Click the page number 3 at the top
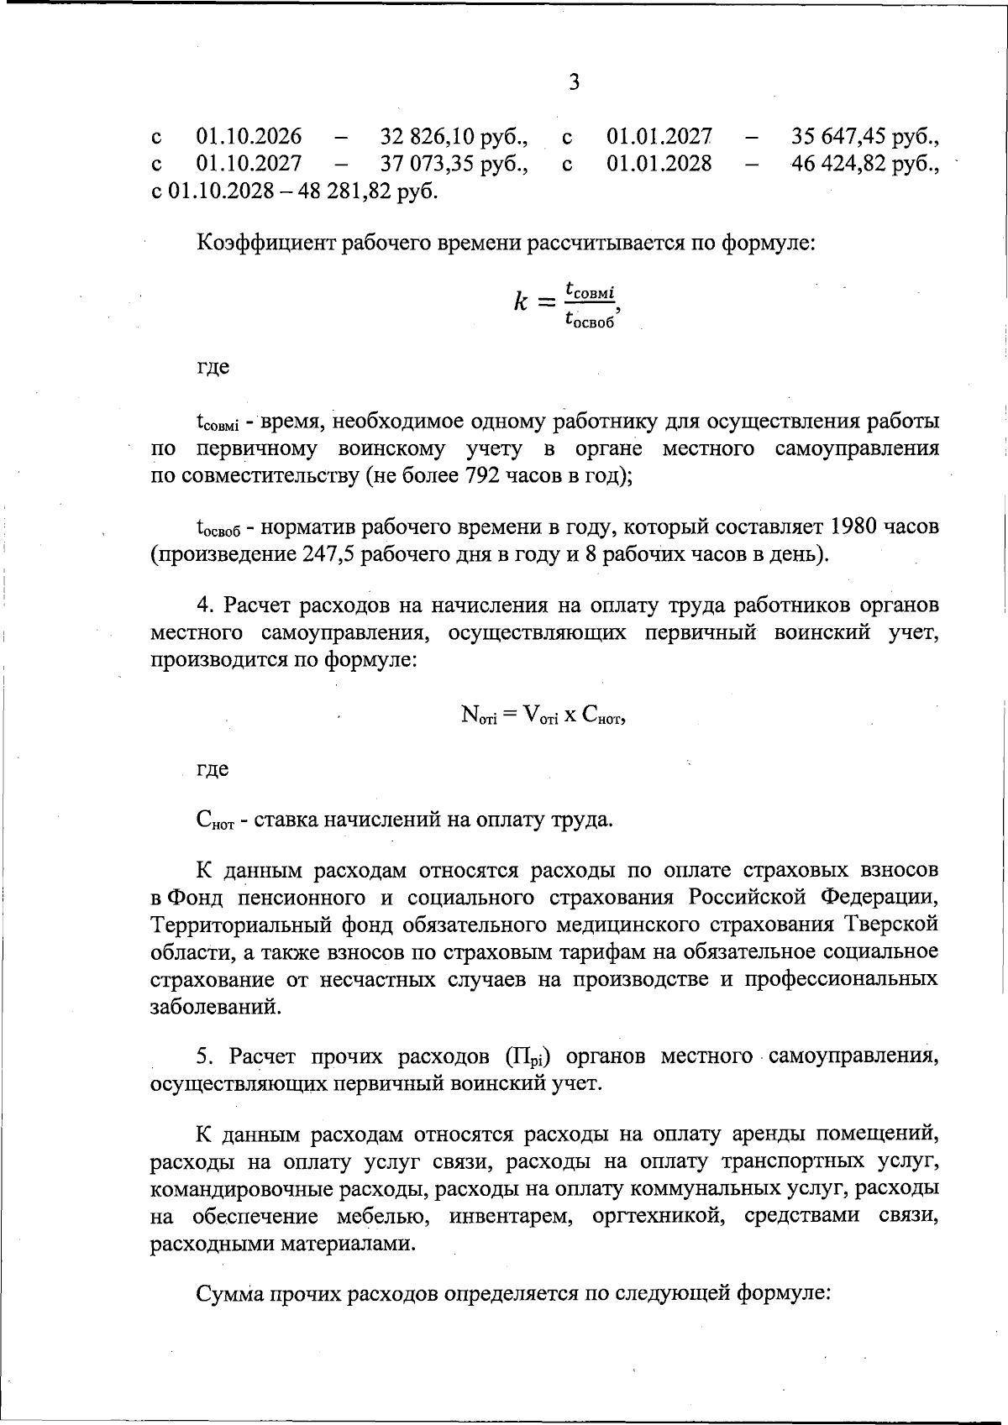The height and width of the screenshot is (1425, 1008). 574,82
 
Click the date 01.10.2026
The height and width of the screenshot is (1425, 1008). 249,136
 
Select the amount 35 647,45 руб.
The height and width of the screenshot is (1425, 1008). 865,136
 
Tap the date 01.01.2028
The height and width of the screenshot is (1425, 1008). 659,163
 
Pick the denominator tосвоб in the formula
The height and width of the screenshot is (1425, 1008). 590,319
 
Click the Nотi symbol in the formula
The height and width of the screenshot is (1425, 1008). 479,715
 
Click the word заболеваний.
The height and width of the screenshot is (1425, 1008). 214,1006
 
